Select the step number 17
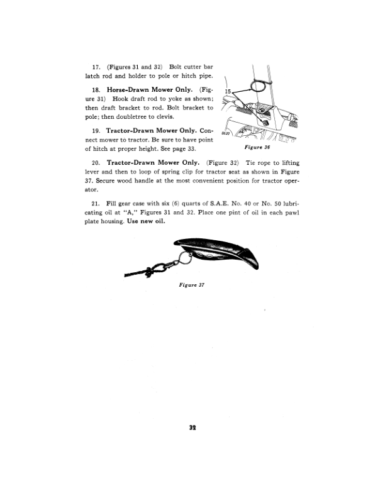tap(96, 66)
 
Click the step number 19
tap(96, 131)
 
